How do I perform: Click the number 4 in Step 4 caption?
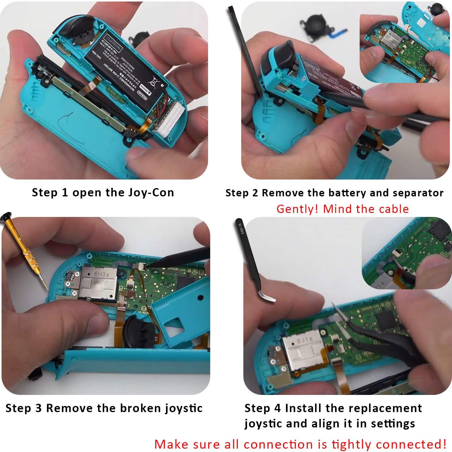[278, 408]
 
